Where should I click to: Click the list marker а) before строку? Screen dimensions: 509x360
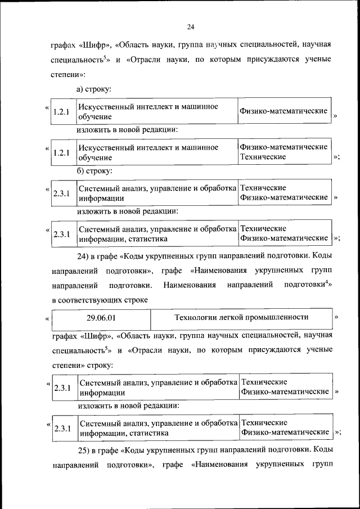[81, 89]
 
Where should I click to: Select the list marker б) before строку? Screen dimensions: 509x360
[81, 170]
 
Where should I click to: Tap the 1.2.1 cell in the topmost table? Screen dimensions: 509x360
[60, 112]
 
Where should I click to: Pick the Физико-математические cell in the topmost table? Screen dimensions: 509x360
[283, 111]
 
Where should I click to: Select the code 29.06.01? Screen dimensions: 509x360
[101, 317]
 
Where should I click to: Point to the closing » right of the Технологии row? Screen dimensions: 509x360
[336, 317]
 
